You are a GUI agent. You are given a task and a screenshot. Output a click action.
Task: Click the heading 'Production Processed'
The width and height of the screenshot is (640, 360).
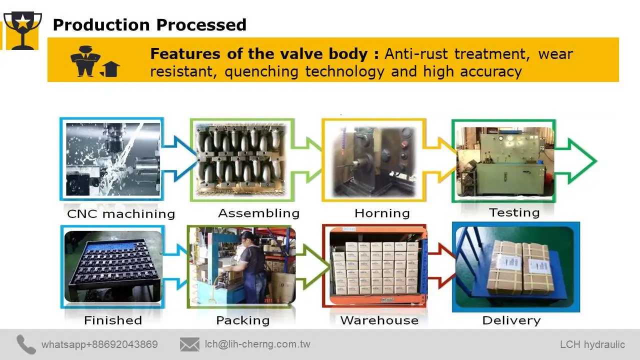coord(149,24)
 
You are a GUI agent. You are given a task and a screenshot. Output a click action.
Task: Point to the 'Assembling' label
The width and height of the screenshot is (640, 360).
coord(258,213)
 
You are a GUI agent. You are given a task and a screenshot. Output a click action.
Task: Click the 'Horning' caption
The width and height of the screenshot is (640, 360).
coord(382,213)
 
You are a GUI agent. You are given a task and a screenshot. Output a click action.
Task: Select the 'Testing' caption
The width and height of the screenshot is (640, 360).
coord(514,212)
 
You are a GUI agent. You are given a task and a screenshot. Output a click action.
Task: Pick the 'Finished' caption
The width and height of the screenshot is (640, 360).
coord(113,320)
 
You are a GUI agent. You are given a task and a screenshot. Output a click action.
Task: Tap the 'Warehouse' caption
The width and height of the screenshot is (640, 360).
coord(379,320)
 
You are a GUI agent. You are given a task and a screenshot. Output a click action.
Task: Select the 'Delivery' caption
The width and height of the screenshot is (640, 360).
coord(511,320)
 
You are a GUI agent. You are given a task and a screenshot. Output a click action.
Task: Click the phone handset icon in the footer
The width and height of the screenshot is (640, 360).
coord(26,344)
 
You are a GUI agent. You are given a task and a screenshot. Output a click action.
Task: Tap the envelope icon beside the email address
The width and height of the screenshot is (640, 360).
coord(189,344)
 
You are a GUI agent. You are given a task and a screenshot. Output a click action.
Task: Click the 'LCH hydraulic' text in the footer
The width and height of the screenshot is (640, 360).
coord(592,344)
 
